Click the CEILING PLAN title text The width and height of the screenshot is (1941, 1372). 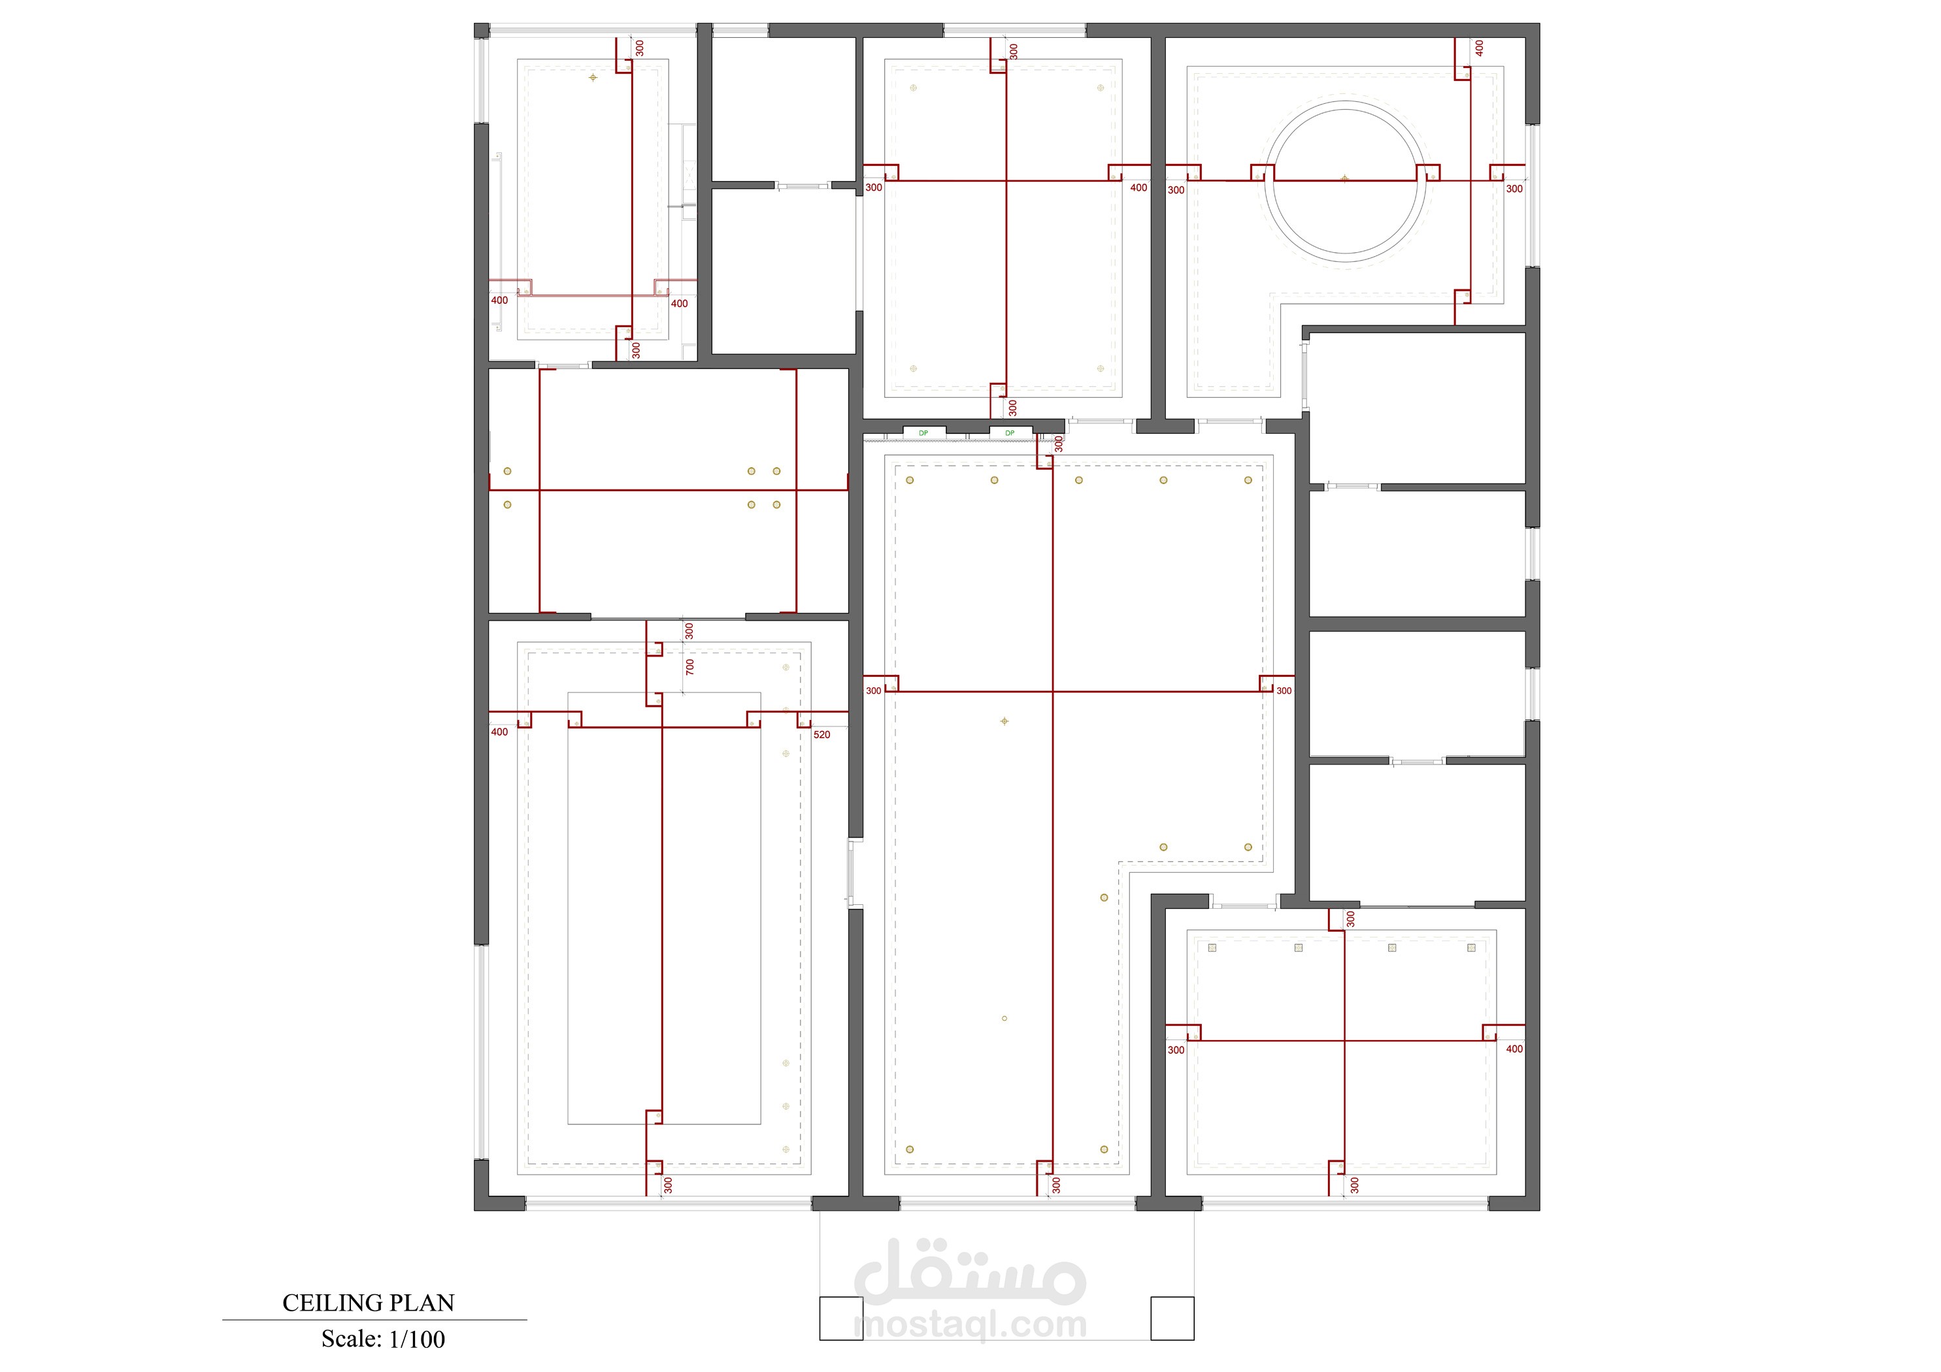click(x=368, y=1303)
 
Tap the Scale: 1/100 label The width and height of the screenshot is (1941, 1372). click(x=383, y=1339)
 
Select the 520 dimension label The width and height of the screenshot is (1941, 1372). click(x=821, y=734)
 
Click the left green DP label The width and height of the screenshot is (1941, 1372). click(x=923, y=433)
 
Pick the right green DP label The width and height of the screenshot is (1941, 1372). click(x=1010, y=433)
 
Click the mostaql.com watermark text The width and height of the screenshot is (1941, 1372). click(x=970, y=1325)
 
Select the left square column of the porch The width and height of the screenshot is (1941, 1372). click(x=841, y=1318)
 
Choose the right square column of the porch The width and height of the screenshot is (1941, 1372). click(x=1172, y=1318)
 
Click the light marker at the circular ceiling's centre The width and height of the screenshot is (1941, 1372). click(x=1345, y=179)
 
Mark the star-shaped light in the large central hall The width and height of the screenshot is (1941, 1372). click(x=1004, y=721)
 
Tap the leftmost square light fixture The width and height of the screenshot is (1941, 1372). click(x=1212, y=947)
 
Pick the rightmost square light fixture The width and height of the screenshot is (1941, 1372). click(x=1471, y=947)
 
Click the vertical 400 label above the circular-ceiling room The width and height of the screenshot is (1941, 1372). click(x=1480, y=48)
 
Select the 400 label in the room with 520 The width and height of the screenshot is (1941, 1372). click(x=499, y=732)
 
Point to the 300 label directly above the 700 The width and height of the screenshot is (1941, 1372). click(x=689, y=630)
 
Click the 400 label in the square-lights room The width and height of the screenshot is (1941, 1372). click(x=1514, y=1049)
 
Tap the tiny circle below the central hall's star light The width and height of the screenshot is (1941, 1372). click(x=1004, y=1019)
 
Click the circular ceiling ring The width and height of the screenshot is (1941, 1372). click(x=1345, y=101)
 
